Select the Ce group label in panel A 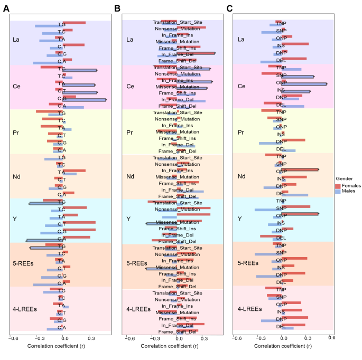[x=16, y=86]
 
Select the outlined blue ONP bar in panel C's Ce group [x=304, y=83]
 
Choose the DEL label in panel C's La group [x=281, y=60]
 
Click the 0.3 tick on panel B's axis [x=205, y=338]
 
